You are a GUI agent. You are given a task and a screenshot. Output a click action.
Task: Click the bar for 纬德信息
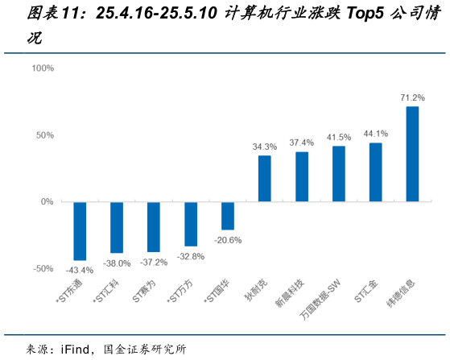412,154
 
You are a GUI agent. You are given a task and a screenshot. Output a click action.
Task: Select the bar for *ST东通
80,230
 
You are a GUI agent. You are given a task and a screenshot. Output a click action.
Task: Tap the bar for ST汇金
375,172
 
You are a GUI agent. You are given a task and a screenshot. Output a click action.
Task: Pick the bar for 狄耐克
264,178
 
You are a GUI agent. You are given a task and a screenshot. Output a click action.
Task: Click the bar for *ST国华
228,216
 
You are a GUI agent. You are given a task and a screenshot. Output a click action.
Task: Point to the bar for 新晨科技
302,176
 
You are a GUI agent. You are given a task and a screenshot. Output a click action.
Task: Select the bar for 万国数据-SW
338,173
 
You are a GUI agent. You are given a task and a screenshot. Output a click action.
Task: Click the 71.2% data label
412,97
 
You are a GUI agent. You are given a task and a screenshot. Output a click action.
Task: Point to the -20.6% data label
228,240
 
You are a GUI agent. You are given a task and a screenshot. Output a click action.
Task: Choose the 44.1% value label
375,134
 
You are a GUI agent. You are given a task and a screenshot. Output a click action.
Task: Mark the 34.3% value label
264,147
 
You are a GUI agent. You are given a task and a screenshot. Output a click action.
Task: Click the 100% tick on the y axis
42,68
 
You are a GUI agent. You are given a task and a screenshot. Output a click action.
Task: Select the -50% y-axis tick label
43,268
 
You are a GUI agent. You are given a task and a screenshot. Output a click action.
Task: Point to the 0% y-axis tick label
47,201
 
